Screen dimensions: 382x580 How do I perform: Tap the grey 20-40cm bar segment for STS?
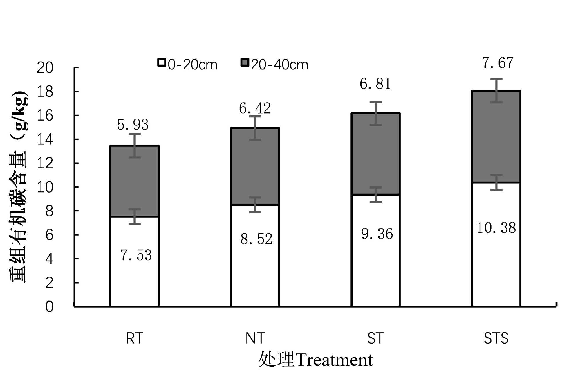click(496, 139)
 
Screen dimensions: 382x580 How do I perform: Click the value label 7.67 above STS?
click(497, 63)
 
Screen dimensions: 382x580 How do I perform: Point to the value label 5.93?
click(133, 125)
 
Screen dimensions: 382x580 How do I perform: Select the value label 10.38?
click(496, 228)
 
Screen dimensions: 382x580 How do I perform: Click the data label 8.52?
click(256, 239)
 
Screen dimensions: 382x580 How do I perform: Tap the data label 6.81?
click(375, 84)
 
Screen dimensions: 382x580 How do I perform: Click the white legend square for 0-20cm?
click(162, 62)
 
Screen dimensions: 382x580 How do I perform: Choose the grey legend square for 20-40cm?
click(245, 62)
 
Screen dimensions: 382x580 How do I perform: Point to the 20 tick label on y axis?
click(45, 68)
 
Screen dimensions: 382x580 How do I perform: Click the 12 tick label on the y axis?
click(45, 164)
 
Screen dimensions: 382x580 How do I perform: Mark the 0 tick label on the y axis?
click(49, 307)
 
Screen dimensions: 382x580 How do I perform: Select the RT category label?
click(135, 338)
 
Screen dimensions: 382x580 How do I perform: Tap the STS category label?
click(496, 338)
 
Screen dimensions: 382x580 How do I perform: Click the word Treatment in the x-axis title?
click(334, 360)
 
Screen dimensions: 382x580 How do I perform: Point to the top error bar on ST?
click(375, 113)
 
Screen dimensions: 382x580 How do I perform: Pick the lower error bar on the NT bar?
click(255, 205)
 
